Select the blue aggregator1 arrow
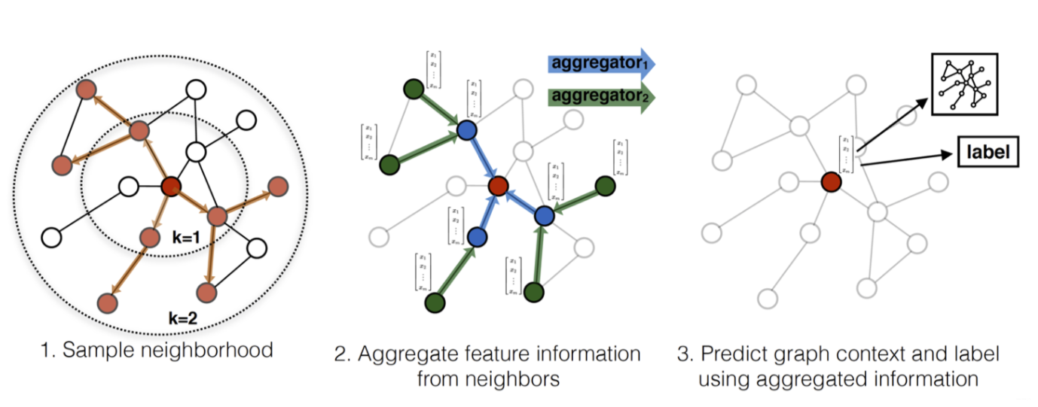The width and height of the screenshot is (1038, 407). pos(600,63)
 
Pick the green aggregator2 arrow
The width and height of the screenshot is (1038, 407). pos(600,97)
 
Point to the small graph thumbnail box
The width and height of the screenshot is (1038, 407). pos(964,84)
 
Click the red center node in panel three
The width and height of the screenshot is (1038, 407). pos(830,181)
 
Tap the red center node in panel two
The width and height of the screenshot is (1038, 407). pos(497,185)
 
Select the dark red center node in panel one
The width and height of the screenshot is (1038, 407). pos(170,186)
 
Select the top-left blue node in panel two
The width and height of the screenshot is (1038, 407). pos(467,130)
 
